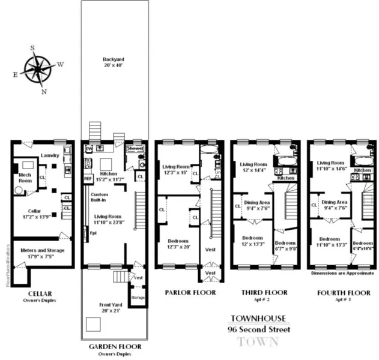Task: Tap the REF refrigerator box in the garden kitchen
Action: point(88,178)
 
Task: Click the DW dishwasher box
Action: point(88,148)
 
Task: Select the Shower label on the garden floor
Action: point(135,148)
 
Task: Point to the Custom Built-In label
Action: point(99,199)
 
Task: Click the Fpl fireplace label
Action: point(93,233)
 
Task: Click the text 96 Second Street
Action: point(258,329)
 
